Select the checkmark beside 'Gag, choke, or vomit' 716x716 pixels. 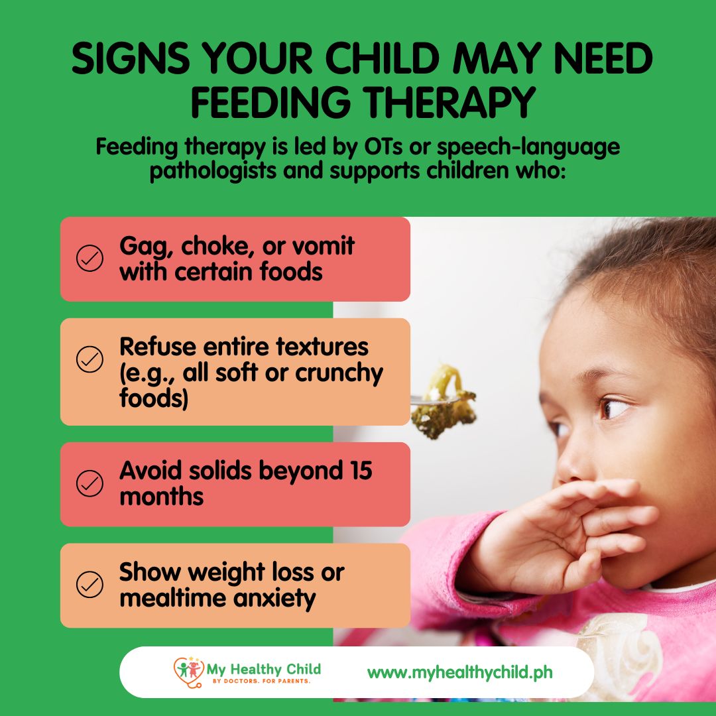point(89,258)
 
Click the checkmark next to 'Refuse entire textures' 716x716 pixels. point(89,359)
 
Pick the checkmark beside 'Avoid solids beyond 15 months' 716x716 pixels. point(89,483)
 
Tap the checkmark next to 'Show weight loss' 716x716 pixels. point(89,584)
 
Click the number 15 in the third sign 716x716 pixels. point(361,470)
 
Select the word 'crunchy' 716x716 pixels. point(339,373)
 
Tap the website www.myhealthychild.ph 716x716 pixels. point(460,673)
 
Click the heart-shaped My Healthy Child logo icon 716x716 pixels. point(188,672)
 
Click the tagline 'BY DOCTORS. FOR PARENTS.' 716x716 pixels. point(262,681)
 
